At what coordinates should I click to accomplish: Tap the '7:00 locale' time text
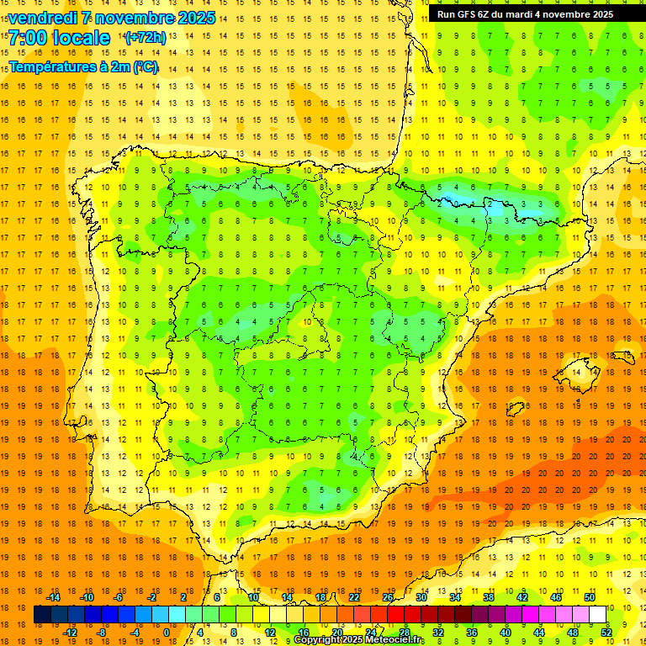59,38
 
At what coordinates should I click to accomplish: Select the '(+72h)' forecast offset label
146,38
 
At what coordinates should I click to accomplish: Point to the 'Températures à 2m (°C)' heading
83,66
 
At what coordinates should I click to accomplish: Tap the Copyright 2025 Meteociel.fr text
359,640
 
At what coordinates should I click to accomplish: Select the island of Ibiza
515,410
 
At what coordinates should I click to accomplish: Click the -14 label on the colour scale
54,597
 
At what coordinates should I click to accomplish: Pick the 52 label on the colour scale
606,633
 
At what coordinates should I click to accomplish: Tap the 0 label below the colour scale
167,633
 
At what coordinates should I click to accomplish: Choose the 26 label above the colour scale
388,597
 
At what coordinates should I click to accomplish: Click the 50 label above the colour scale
590,597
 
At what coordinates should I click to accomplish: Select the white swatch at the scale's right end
598,615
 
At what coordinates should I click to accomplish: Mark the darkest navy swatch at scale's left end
42,615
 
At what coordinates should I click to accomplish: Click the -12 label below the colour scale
70,633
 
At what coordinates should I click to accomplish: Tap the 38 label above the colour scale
489,597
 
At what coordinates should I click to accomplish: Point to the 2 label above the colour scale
183,597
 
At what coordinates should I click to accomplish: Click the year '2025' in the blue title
196,18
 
